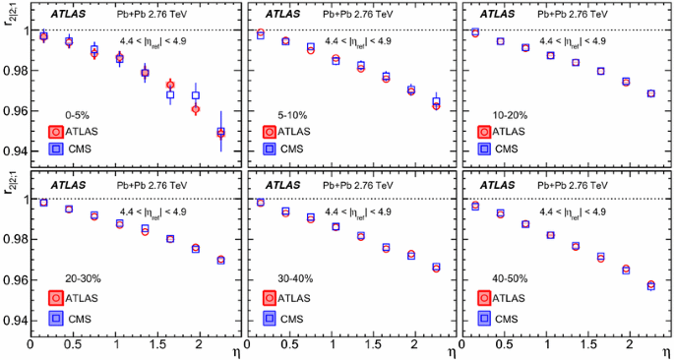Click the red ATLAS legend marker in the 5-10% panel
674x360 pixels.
coord(269,130)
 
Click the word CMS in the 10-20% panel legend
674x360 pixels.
coord(507,149)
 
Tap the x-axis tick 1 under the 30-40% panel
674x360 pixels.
coord(335,346)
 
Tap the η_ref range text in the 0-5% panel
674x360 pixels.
coord(152,41)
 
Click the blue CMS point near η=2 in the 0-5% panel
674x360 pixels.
coord(196,96)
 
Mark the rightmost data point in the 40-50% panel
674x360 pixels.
coord(650,285)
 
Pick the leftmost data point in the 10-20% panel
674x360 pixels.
coord(475,32)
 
